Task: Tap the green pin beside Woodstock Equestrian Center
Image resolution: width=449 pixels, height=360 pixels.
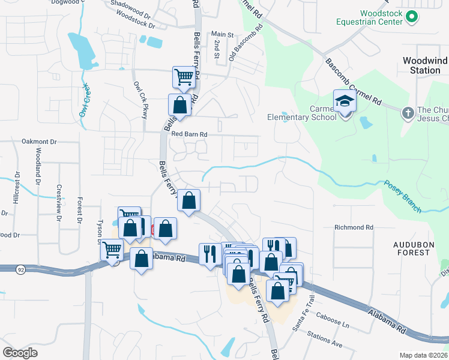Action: click(411, 17)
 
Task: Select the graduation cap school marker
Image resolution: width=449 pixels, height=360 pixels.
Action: click(345, 101)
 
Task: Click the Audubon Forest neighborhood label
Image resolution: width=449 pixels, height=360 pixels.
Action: click(412, 248)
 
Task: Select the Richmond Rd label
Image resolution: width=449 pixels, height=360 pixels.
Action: click(354, 227)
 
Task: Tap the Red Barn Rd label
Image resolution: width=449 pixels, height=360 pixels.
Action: click(188, 134)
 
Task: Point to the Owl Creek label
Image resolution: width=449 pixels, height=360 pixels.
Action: click(84, 99)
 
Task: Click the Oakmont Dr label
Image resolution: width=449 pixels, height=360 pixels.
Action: click(38, 142)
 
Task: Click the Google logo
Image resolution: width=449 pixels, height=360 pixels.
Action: click(20, 353)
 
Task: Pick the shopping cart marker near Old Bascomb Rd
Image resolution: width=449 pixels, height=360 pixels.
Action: click(184, 76)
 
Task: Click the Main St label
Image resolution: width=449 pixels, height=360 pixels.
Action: click(221, 35)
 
